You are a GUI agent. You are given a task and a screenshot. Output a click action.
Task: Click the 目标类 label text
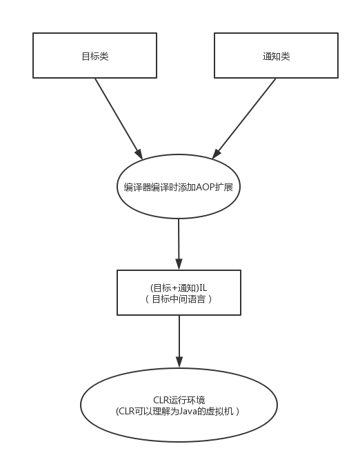pyautogui.click(x=95, y=57)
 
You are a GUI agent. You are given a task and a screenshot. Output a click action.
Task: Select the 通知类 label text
pyautogui.click(x=276, y=57)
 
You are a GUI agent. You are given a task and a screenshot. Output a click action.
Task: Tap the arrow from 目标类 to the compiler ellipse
pyautogui.click(x=119, y=119)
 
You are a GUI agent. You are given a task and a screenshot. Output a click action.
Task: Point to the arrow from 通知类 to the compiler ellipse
pyautogui.click(x=244, y=119)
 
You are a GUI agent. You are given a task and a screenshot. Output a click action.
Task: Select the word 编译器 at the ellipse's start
pyautogui.click(x=137, y=188)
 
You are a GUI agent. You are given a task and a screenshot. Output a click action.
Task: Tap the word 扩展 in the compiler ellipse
pyautogui.click(x=224, y=188)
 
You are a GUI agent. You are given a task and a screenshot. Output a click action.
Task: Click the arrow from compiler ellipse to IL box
pyautogui.click(x=179, y=244)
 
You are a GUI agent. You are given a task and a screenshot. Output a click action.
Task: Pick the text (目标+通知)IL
pyautogui.click(x=179, y=288)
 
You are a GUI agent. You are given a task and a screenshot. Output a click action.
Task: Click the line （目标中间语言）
pyautogui.click(x=179, y=299)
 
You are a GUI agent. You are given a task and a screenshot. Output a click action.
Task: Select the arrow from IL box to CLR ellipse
pyautogui.click(x=179, y=341)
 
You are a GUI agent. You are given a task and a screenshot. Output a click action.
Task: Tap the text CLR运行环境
pyautogui.click(x=179, y=400)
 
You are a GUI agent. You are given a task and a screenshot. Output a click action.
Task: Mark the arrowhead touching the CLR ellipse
pyautogui.click(x=179, y=362)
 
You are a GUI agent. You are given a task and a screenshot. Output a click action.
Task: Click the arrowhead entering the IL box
pyautogui.click(x=179, y=264)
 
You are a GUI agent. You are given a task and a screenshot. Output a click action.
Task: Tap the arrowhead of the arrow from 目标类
pyautogui.click(x=139, y=154)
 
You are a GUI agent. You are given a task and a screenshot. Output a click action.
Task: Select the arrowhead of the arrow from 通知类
pyautogui.click(x=217, y=154)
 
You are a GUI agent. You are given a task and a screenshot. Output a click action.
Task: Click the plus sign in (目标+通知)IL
pyautogui.click(x=174, y=288)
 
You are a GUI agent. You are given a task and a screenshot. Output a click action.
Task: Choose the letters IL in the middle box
pyautogui.click(x=203, y=288)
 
